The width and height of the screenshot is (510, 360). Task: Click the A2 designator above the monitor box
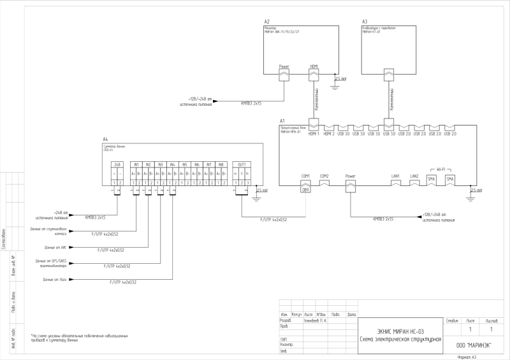(x=267, y=21)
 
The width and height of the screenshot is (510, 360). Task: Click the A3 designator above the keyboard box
(x=365, y=21)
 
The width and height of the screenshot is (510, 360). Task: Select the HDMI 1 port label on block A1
(x=314, y=133)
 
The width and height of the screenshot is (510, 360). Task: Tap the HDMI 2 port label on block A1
(x=328, y=133)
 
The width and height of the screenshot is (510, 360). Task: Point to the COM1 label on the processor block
(x=305, y=175)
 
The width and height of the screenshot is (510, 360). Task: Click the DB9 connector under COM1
(x=305, y=189)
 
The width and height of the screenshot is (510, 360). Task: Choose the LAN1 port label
(x=396, y=175)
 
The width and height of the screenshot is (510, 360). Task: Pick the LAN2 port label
(x=414, y=175)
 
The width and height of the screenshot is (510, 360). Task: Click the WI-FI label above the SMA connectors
(x=441, y=169)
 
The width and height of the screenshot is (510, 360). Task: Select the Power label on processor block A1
(x=350, y=175)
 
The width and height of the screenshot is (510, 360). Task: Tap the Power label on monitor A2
(x=284, y=66)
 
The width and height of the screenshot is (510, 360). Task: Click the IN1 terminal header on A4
(x=136, y=164)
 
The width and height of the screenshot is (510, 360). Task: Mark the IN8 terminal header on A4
(x=221, y=164)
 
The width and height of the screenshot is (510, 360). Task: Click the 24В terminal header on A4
(x=117, y=164)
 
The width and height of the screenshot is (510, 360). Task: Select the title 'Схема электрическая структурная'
(x=400, y=338)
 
